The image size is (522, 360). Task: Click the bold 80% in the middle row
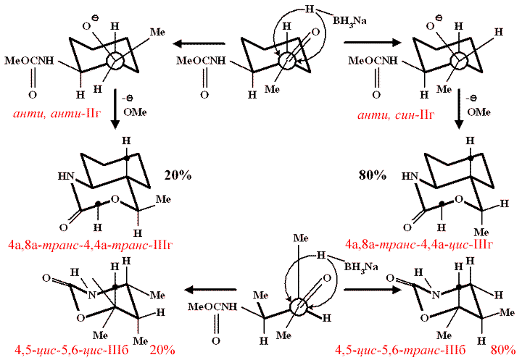click(x=372, y=175)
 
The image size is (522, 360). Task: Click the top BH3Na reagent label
click(x=349, y=20)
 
